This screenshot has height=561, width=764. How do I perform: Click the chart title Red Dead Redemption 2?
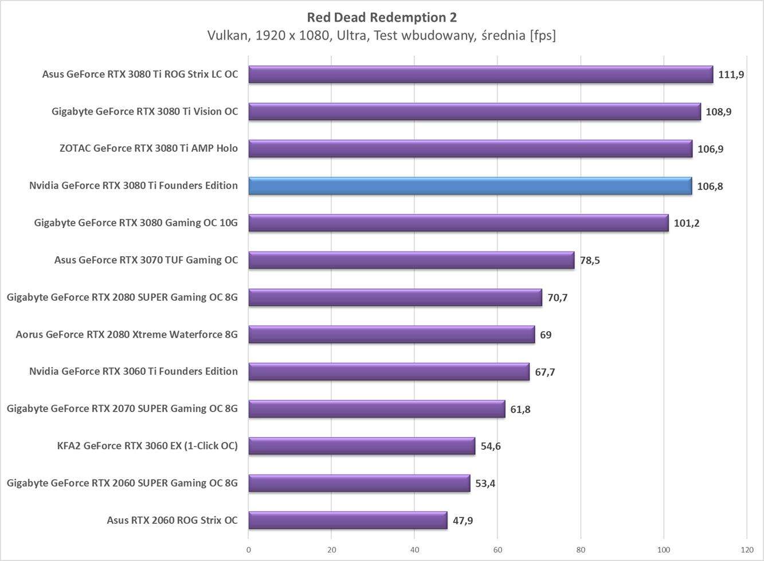pyautogui.click(x=382, y=17)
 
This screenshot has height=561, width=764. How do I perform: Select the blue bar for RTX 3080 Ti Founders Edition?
pyautogui.click(x=470, y=186)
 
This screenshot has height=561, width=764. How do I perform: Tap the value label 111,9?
pyautogui.click(x=731, y=74)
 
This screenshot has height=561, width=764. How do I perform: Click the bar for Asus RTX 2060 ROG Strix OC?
pyautogui.click(x=347, y=520)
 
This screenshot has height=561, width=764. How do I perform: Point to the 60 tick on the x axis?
pyautogui.click(x=497, y=550)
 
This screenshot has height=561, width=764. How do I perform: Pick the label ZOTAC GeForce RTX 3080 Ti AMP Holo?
pyautogui.click(x=148, y=148)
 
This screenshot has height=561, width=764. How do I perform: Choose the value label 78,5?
pyautogui.click(x=590, y=260)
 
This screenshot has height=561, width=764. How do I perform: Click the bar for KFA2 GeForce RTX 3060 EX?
pyautogui.click(x=362, y=446)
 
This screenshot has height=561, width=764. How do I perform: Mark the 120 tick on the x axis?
pyautogui.click(x=746, y=550)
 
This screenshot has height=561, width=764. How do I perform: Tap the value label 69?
pyautogui.click(x=546, y=335)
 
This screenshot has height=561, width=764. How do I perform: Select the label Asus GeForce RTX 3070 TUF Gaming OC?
pyautogui.click(x=146, y=260)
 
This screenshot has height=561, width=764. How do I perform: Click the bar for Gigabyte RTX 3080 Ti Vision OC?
pyautogui.click(x=475, y=112)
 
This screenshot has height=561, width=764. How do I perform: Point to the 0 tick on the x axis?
pyautogui.click(x=249, y=550)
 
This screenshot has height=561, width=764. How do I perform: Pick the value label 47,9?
pyautogui.click(x=463, y=520)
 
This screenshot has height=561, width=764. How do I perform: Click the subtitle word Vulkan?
pyautogui.click(x=228, y=36)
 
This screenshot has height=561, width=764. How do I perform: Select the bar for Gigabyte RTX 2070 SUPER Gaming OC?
pyautogui.click(x=377, y=409)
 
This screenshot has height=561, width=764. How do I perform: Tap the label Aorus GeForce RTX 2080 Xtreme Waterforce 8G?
pyautogui.click(x=127, y=334)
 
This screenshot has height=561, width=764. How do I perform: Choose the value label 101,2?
pyautogui.click(x=686, y=223)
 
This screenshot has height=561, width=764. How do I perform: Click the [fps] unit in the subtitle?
pyautogui.click(x=542, y=36)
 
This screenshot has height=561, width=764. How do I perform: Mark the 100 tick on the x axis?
pyautogui.click(x=664, y=550)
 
